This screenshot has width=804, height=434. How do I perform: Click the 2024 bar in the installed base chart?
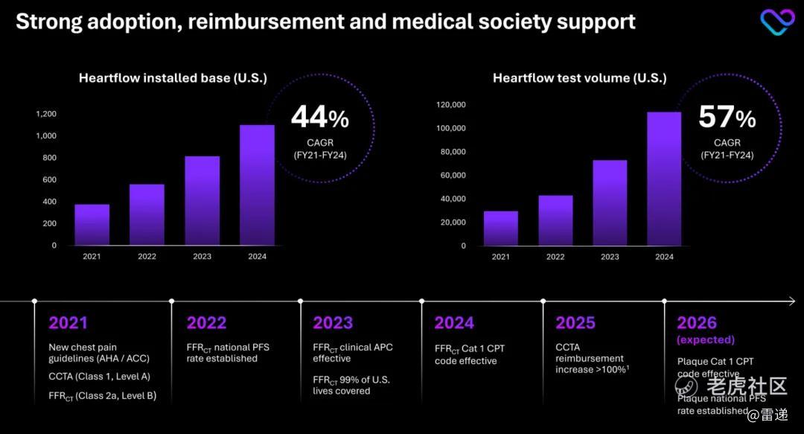tap(257, 185)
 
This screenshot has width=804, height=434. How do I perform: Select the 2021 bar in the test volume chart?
tap(500, 228)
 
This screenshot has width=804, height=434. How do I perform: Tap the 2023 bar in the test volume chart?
tap(610, 202)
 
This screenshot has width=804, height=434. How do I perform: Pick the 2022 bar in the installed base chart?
tap(147, 214)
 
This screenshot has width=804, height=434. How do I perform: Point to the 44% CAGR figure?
tap(319, 118)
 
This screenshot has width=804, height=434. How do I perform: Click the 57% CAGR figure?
tap(727, 118)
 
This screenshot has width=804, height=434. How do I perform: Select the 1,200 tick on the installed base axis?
tap(46, 114)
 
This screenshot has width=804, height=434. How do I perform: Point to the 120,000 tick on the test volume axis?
tap(450, 104)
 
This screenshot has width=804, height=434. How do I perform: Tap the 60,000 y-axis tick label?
tap(453, 175)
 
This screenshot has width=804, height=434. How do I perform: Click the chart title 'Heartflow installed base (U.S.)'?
tap(173, 78)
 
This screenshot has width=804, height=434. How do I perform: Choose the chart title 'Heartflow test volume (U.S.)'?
tap(579, 78)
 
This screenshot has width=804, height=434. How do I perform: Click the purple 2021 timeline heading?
tap(68, 323)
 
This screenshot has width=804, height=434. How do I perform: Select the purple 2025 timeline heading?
tap(575, 323)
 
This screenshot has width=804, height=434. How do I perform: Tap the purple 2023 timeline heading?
tap(333, 323)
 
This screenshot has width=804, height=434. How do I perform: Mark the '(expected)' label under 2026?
tap(706, 340)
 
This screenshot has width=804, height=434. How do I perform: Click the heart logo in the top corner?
tap(777, 22)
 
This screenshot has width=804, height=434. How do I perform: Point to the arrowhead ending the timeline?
tap(791, 301)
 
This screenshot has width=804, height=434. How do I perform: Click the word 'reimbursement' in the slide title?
tap(269, 22)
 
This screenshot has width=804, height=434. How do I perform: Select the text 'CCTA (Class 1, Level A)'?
tap(99, 377)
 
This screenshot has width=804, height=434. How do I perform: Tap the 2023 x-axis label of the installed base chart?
tap(202, 257)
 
